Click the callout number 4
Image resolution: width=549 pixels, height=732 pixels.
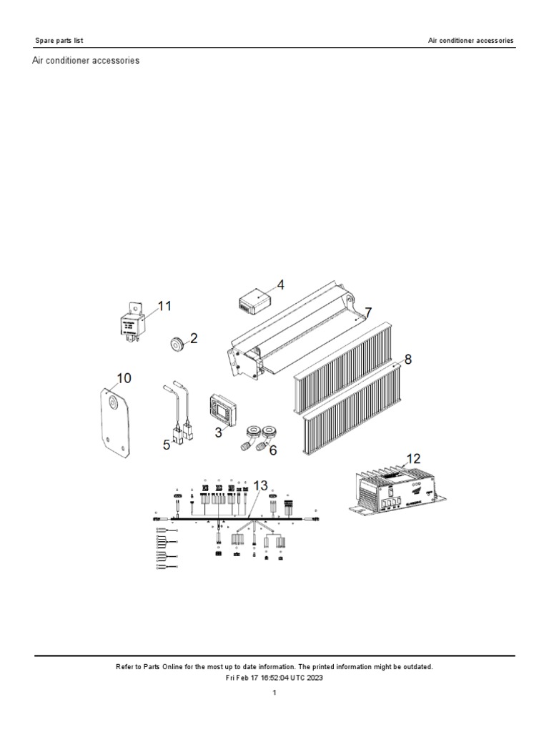point(281,285)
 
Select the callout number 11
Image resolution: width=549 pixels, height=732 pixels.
point(164,306)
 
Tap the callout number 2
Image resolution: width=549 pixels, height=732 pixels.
point(194,339)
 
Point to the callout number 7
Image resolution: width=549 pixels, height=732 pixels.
point(368,312)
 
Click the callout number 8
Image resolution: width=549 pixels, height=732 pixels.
point(407,360)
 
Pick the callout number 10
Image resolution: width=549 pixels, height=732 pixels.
point(124,377)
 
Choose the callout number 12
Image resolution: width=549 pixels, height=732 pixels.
point(414,458)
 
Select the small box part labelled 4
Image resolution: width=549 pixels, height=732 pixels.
point(254,302)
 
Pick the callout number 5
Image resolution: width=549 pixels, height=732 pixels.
point(167,444)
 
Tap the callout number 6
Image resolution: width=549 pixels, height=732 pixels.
point(272,450)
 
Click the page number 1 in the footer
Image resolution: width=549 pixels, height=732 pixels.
point(274,692)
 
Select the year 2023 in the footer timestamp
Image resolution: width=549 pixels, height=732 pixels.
point(315,678)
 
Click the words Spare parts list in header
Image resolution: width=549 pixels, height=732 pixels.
point(59,41)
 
